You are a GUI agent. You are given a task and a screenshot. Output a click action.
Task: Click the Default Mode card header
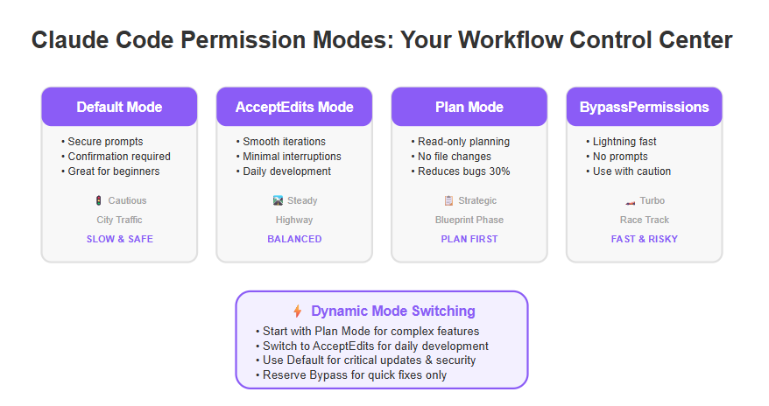pos(119,107)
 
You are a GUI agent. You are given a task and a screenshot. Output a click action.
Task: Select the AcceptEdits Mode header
pos(294,107)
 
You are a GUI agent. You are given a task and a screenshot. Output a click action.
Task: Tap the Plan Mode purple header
pos(469,107)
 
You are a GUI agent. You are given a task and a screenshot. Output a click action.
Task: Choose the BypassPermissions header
pos(645,107)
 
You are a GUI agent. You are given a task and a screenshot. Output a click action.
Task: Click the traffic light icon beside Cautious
pos(99,200)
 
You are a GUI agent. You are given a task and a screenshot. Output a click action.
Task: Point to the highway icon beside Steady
pos(278,200)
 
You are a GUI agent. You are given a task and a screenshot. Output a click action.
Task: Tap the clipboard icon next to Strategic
pos(448,200)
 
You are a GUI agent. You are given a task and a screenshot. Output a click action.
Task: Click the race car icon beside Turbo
pos(631,202)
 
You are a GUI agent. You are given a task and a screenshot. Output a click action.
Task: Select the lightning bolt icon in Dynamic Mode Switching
pos(297,311)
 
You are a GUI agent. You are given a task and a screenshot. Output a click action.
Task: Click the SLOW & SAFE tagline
pos(120,239)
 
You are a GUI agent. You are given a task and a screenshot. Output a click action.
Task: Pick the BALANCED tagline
pos(294,239)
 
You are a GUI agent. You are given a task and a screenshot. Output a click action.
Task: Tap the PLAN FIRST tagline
pos(469,239)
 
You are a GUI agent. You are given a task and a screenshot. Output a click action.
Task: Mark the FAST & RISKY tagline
pos(645,239)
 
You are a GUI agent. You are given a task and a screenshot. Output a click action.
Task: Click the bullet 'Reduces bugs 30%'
pos(461,171)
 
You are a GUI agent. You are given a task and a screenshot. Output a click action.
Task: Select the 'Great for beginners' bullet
pos(111,171)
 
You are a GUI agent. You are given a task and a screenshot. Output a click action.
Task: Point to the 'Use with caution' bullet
pos(629,171)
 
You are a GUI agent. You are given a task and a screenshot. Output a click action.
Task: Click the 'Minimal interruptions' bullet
pos(289,157)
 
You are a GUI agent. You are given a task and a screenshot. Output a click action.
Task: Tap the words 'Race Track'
pos(645,220)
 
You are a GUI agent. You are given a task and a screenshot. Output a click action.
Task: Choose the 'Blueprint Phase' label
pos(469,220)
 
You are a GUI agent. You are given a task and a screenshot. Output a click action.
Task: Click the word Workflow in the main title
pos(510,40)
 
